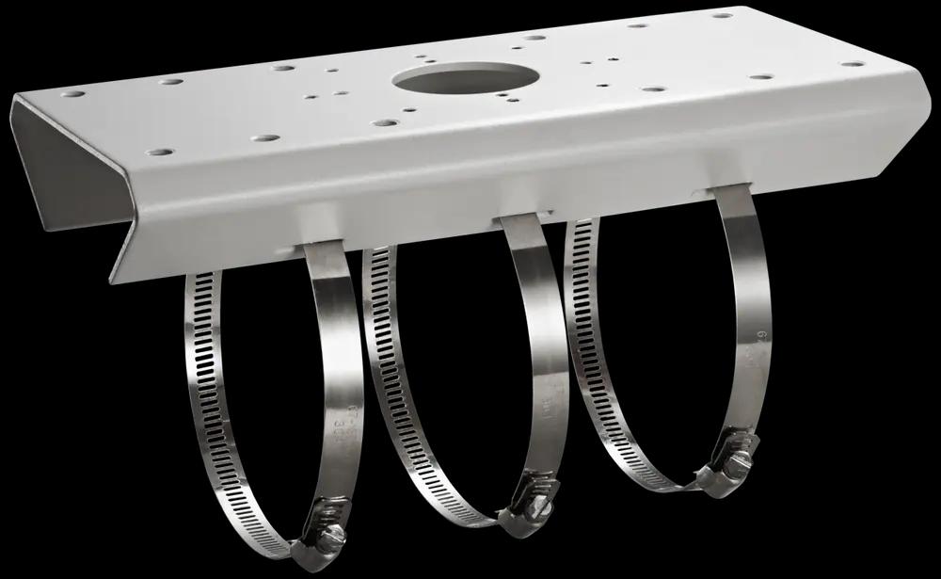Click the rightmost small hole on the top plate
pyautogui.click(x=852, y=64)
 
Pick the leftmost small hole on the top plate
pyautogui.click(x=72, y=94)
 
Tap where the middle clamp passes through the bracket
pyautogui.click(x=518, y=221)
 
